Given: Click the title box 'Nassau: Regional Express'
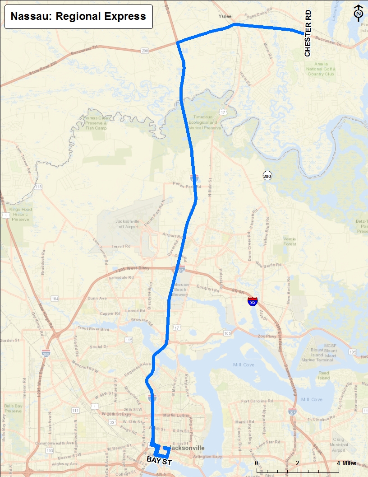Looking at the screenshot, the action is [x=78, y=17].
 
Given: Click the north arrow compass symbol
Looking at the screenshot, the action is [x=359, y=14].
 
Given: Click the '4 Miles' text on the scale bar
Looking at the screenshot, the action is [x=346, y=463].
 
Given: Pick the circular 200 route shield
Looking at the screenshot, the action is [x=268, y=176].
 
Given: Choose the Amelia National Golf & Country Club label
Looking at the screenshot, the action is [x=322, y=69].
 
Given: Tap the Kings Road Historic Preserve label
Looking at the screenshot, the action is [x=19, y=215].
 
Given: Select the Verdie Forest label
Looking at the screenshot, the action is [x=290, y=241].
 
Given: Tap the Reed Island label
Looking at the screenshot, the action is [x=324, y=375].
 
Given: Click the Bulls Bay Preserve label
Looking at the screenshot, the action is [x=13, y=407].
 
